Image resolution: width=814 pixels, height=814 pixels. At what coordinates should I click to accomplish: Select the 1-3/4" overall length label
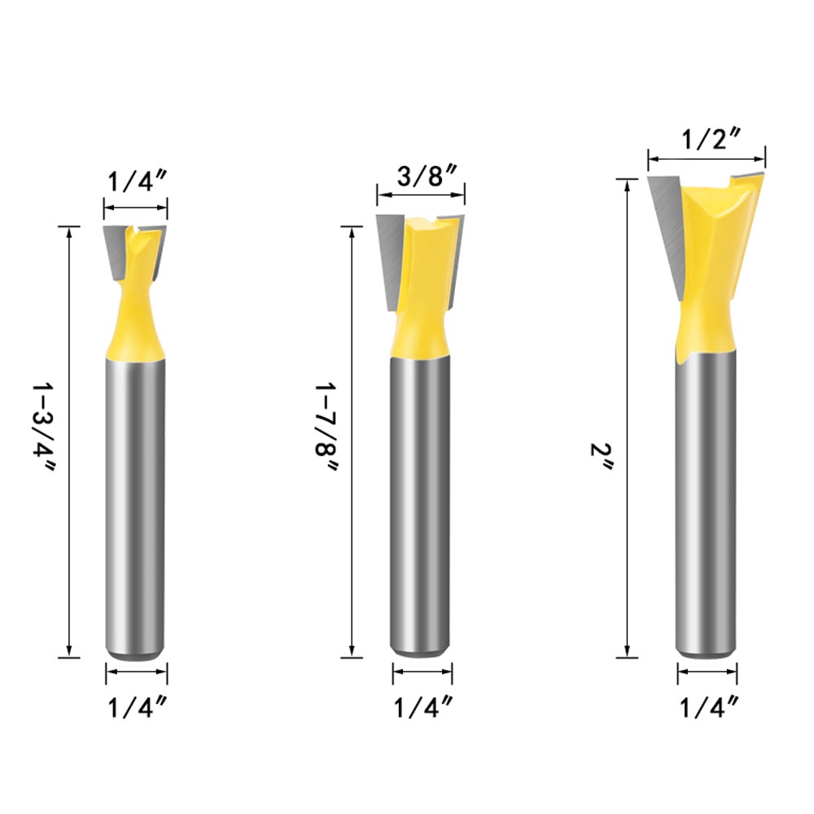[42, 428]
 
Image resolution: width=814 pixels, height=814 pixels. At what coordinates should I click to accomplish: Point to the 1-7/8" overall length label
[326, 427]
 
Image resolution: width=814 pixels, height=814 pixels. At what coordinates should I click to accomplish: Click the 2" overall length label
[602, 457]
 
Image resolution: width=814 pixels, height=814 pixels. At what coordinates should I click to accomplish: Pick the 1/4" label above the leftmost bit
[137, 182]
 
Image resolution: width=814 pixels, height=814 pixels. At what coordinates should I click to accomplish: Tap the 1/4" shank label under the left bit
[138, 707]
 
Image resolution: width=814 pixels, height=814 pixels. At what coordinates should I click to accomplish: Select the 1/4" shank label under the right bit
[709, 707]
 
